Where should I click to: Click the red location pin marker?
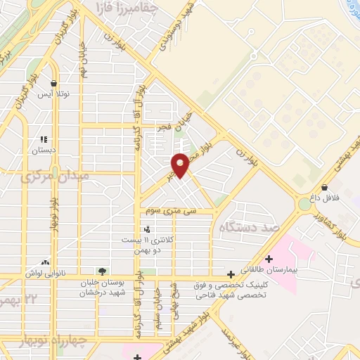[x=181, y=165]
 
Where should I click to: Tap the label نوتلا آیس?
[x=53, y=94]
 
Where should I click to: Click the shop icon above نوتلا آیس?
[x=53, y=84]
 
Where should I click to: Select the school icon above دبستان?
[x=44, y=140]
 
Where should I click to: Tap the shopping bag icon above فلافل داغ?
[x=323, y=188]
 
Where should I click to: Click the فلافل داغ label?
[x=326, y=198]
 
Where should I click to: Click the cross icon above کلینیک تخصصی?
[x=231, y=274]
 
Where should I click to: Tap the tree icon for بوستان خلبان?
[x=103, y=270]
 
